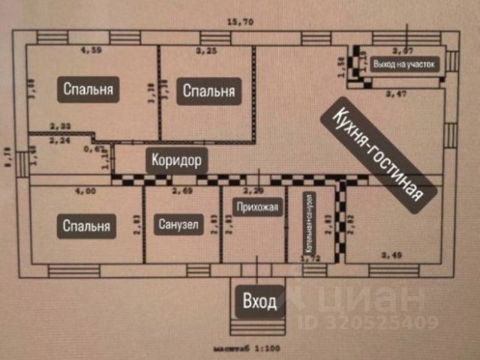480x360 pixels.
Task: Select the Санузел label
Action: pos(179,224)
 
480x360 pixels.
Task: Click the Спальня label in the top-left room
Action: pos(88,90)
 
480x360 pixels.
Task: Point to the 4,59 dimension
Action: pos(90,51)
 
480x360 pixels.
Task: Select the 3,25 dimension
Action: pos(206,51)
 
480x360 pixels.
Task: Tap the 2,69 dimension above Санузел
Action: pos(182,192)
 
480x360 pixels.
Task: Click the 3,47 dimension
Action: pos(395,94)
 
